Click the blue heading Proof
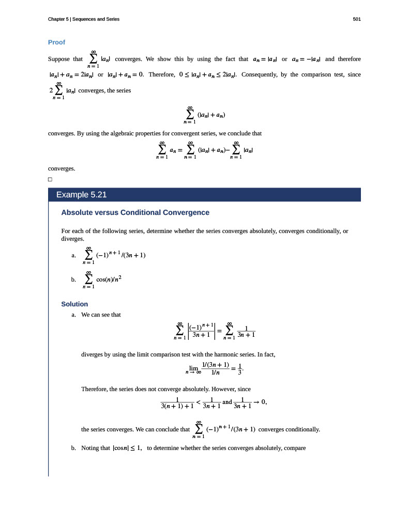click(x=56, y=42)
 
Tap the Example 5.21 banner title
click(x=81, y=195)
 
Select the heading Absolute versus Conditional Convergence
click(x=135, y=212)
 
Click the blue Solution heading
click(x=74, y=304)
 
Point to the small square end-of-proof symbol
click(x=50, y=179)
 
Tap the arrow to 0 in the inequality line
click(x=260, y=402)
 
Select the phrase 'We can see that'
click(x=101, y=314)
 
